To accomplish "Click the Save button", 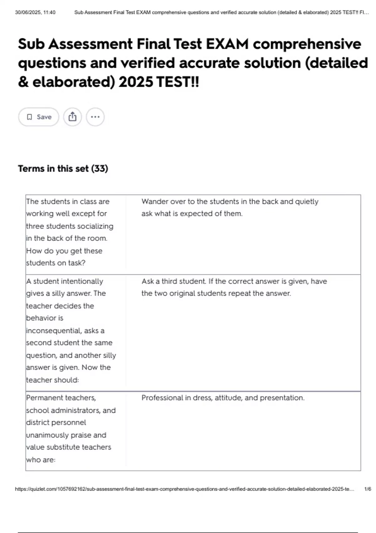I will point(39,117).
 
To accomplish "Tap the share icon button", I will point(72,117).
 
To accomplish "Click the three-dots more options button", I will point(95,117).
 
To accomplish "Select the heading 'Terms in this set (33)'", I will point(63,169).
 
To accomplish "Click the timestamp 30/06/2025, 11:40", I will point(35,13).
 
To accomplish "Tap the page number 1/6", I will point(368,489).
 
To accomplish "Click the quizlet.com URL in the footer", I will point(185,489).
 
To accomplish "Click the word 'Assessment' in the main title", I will point(91,44).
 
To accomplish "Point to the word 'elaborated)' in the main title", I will point(74,82).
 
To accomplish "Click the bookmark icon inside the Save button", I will point(29,117).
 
